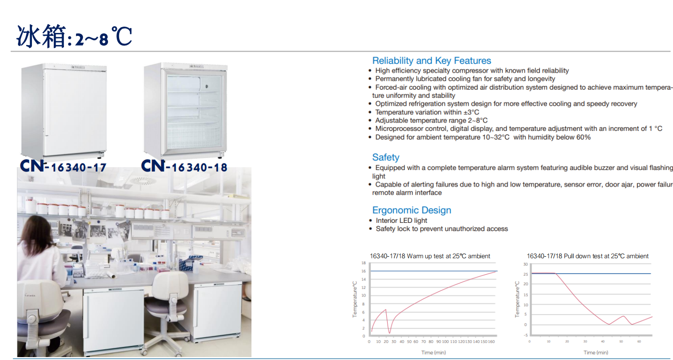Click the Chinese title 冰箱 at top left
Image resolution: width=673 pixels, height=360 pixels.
(x=41, y=37)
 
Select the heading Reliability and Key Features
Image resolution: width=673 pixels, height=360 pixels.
(x=431, y=61)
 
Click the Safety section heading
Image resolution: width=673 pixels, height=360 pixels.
(x=386, y=157)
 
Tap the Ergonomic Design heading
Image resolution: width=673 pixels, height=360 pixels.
(x=411, y=210)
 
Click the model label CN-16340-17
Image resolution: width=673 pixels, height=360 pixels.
(x=63, y=167)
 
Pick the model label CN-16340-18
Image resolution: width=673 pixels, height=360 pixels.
(x=184, y=167)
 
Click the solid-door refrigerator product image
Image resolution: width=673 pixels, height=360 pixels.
(x=64, y=110)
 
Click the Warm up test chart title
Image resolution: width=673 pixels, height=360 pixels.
(x=430, y=256)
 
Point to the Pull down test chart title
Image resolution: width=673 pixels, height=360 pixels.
(x=587, y=256)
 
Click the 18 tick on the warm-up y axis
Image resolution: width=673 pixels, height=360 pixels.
(x=363, y=263)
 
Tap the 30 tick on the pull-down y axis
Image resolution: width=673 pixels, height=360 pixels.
(x=525, y=264)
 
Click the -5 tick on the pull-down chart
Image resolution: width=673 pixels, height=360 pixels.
(x=525, y=335)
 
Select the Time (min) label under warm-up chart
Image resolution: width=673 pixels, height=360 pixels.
(x=433, y=352)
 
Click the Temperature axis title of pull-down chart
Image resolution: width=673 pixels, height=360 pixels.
(x=517, y=299)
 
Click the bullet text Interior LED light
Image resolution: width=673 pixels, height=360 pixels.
(x=401, y=220)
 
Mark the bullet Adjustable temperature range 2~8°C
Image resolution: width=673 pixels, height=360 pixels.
(x=431, y=120)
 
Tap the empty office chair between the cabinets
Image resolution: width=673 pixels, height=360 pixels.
(x=168, y=300)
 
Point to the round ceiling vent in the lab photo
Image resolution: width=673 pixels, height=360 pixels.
(x=142, y=181)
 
